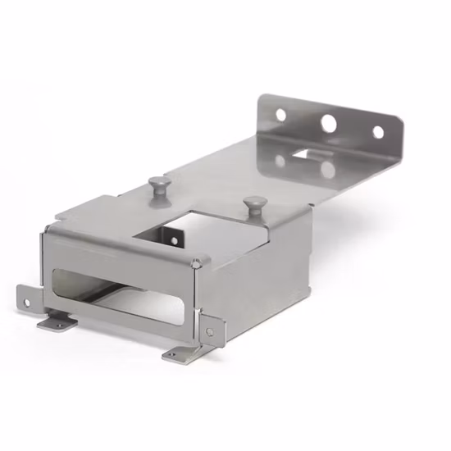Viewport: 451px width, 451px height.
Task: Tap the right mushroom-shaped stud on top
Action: coord(256,203)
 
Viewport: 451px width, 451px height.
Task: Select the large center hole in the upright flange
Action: coord(329,124)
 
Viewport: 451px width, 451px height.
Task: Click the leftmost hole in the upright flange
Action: coord(281,115)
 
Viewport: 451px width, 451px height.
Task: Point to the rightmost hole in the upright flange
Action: coord(378,132)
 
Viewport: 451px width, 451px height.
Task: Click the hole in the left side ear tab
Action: coord(26,303)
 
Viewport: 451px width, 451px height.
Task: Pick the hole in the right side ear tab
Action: coord(210,331)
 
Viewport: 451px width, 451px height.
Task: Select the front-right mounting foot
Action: coord(180,353)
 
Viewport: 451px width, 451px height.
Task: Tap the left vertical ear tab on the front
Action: coord(27,299)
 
